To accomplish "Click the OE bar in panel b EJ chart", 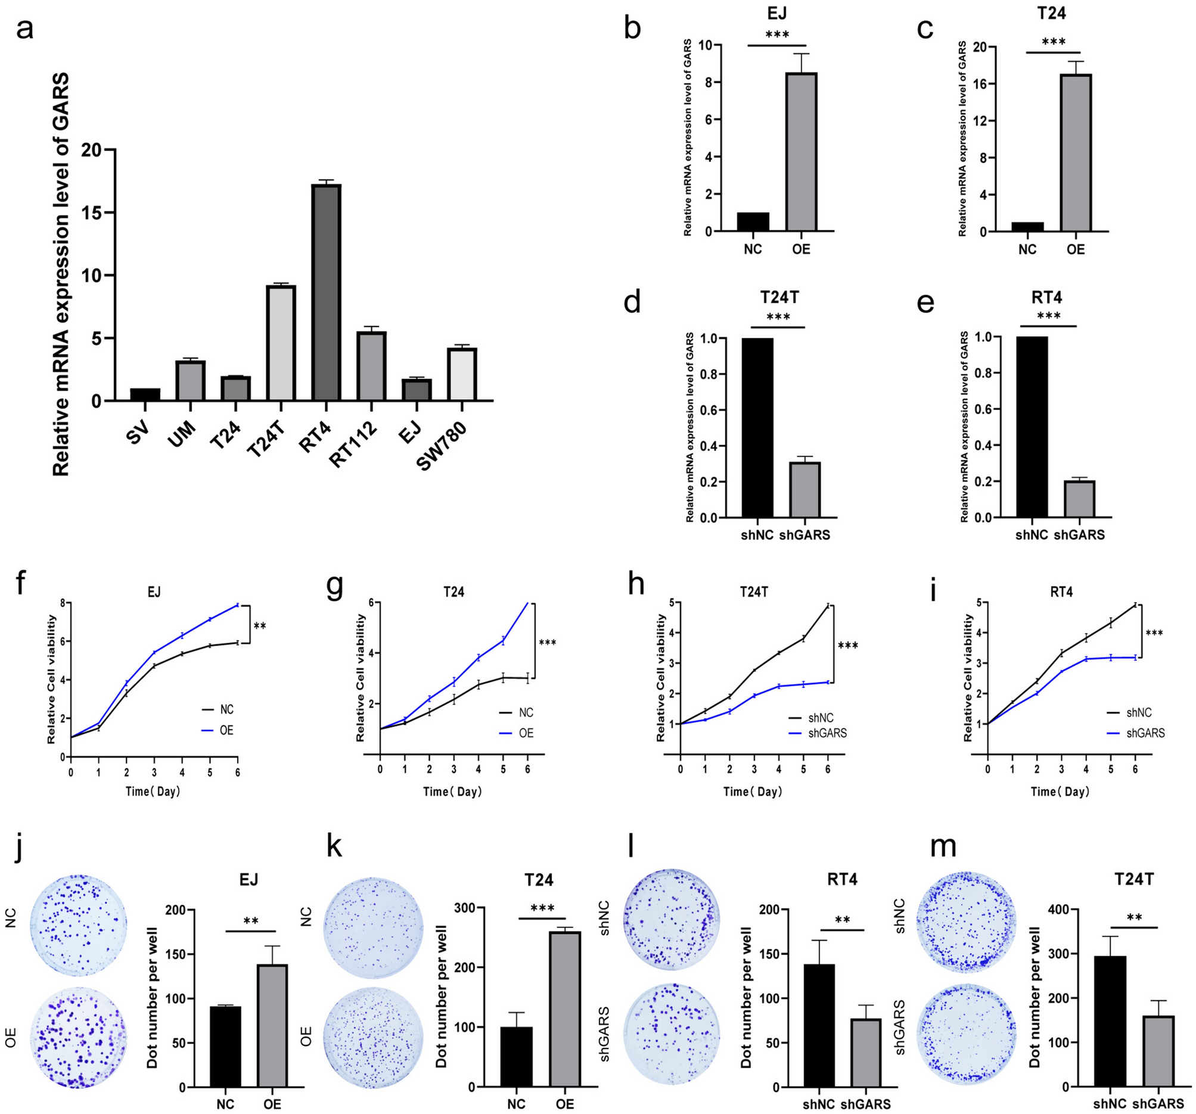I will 801,151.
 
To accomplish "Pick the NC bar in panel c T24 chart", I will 1027,227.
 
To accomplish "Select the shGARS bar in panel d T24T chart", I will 804,489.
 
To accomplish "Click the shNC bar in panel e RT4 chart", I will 1032,427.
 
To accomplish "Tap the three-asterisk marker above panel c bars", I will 1054,42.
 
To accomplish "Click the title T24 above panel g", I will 453,592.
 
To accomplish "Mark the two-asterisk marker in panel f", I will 259,626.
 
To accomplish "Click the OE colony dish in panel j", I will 80,1037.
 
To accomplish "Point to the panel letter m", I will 943,847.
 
